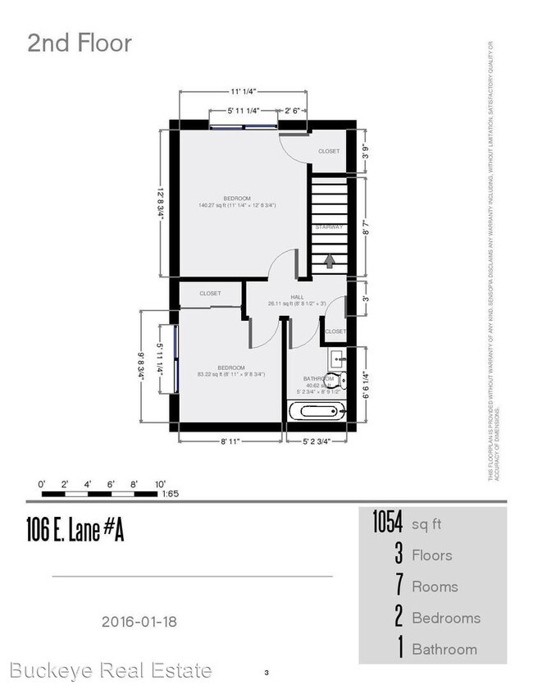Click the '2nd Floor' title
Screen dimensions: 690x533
coord(80,43)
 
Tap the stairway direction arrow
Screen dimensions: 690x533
coord(330,261)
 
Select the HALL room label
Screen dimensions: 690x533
coord(296,298)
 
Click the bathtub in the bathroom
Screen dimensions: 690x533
coord(318,409)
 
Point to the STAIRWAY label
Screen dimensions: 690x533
coord(328,226)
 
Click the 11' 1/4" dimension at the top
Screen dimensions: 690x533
coord(244,93)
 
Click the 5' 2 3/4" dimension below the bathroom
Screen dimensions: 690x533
coord(316,441)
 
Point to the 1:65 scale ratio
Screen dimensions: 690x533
coord(171,495)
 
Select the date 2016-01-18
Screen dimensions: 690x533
coord(139,621)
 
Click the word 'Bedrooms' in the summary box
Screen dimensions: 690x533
coord(446,618)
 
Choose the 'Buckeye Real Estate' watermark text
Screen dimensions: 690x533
coord(107,670)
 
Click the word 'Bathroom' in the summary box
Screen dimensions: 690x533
coord(444,649)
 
